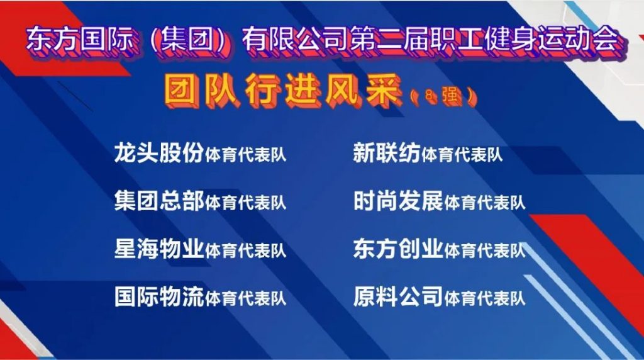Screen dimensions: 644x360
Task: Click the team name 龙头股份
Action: tap(159, 153)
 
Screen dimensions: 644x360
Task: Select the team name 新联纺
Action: tap(387, 153)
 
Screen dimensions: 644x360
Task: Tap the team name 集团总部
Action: tap(159, 201)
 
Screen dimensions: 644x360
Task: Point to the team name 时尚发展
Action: tap(398, 201)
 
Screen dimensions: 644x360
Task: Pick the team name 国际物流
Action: tap(159, 296)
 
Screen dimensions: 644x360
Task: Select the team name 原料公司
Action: tap(398, 296)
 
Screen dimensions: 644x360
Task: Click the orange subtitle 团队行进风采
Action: tap(284, 91)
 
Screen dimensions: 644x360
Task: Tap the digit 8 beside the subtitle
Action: tap(429, 96)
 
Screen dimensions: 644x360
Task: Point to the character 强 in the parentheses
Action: tap(452, 97)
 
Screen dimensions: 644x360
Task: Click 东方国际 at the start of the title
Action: tap(80, 40)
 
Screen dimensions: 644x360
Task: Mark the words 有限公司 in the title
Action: tap(296, 40)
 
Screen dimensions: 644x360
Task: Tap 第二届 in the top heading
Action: tap(390, 40)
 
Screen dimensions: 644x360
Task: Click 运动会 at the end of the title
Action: tap(579, 40)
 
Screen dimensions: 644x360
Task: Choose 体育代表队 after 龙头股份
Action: tap(245, 155)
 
